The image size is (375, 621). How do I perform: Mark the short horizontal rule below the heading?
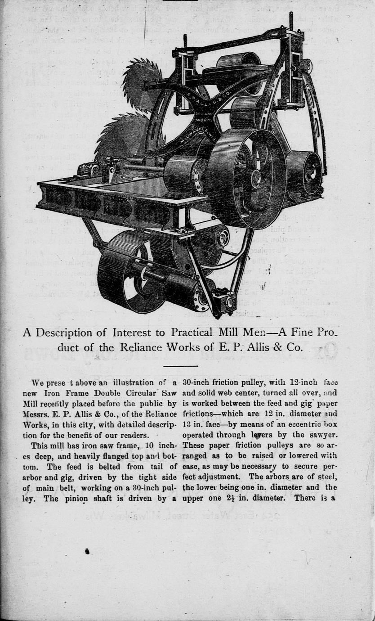pyautogui.click(x=180, y=366)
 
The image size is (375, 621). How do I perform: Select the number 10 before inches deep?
pyautogui.click(x=150, y=445)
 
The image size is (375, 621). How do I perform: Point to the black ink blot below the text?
pyautogui.click(x=87, y=550)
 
